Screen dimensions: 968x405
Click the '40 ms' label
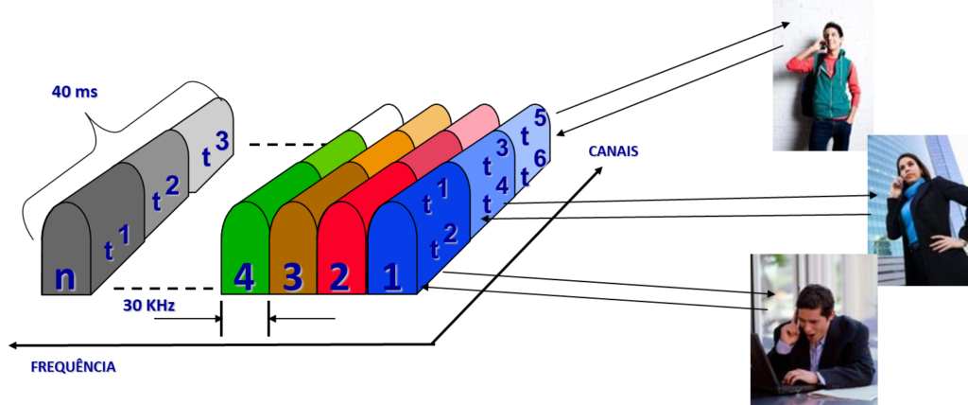(x=75, y=92)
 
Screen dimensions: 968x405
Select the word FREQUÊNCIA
(x=73, y=367)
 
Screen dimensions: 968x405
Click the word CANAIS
(x=613, y=151)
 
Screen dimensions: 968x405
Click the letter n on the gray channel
(x=65, y=278)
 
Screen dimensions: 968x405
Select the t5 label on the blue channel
(x=533, y=128)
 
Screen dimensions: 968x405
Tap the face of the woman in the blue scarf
(x=907, y=169)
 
